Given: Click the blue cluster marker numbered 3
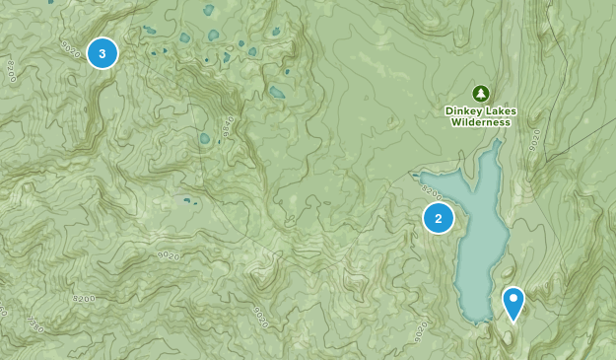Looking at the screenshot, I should click(103, 52).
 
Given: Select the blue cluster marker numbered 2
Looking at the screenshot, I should click(439, 218).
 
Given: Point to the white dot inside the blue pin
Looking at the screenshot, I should click(513, 298).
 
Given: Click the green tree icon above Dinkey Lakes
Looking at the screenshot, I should click(481, 94).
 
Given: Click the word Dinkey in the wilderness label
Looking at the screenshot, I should click(465, 111).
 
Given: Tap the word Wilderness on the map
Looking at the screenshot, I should click(481, 123).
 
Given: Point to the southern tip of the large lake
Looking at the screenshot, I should click(478, 320).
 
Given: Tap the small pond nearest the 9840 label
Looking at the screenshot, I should click(205, 139).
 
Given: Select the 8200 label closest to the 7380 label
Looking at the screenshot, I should click(87, 295).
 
